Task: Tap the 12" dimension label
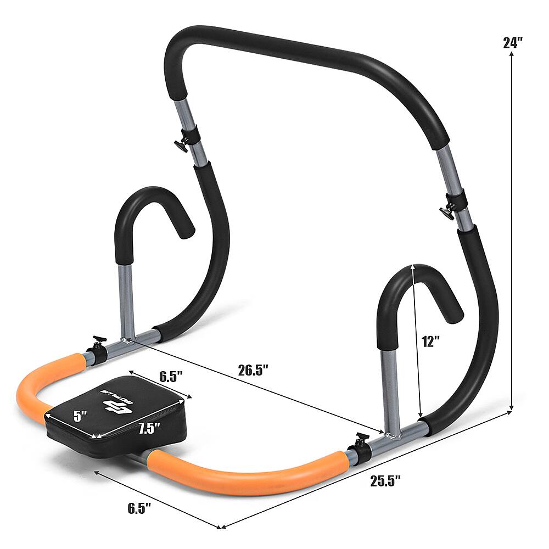point(431,341)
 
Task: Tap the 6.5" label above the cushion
point(171,377)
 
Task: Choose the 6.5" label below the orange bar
point(139,508)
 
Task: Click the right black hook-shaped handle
point(417,291)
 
